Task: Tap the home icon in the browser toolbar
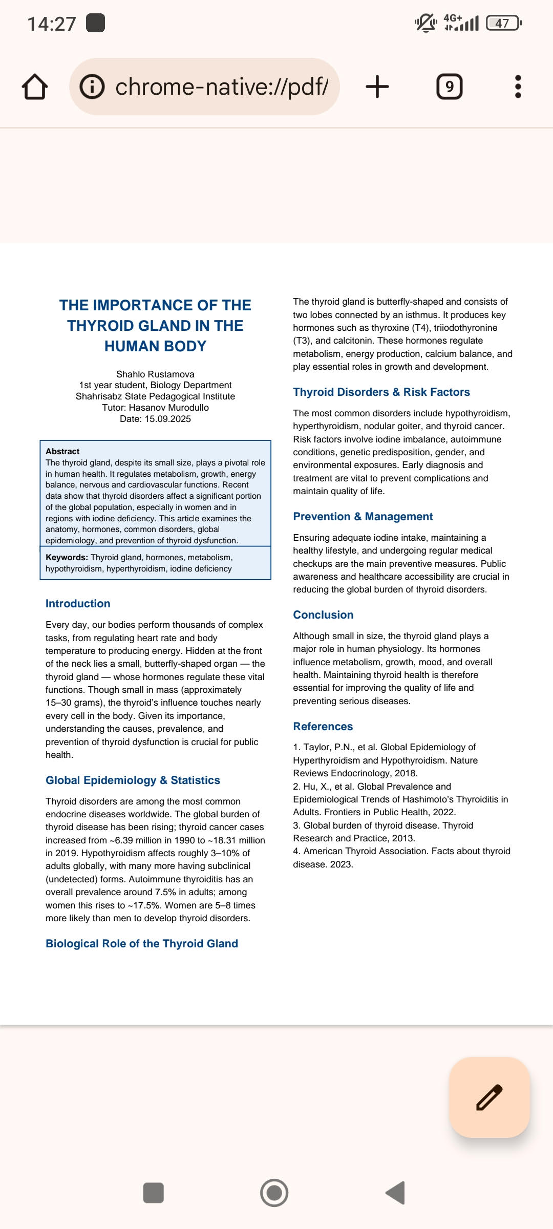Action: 35,87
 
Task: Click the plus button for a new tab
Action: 377,87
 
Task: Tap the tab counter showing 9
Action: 449,87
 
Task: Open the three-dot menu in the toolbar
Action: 518,87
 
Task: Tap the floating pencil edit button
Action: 489,1097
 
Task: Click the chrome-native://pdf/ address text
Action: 222,87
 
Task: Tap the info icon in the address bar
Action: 92,87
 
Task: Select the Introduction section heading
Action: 78,604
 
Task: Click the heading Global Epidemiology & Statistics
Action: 133,780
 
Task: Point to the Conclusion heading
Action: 323,615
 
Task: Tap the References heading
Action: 323,727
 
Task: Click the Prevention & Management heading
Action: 363,517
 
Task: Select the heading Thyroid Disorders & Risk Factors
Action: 381,392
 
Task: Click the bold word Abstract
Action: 62,451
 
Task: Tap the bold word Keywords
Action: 67,557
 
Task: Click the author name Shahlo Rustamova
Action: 155,374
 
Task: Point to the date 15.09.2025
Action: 167,419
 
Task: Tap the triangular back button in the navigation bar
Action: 396,1193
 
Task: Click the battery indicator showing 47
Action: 503,23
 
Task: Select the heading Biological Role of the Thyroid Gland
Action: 142,944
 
